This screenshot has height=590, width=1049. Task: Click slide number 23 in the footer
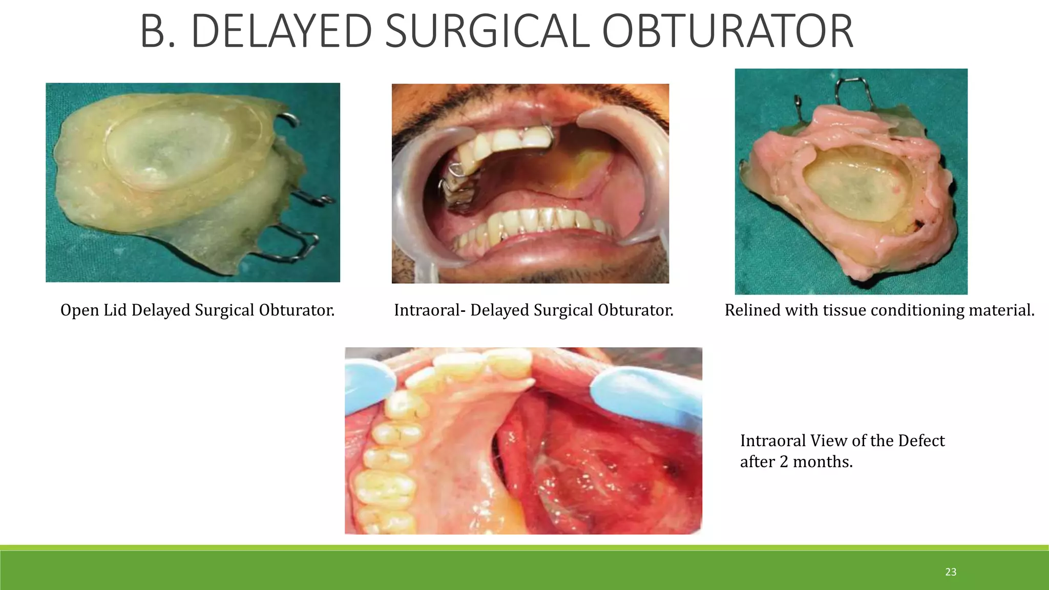tap(951, 572)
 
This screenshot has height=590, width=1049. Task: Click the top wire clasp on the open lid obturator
tap(289, 121)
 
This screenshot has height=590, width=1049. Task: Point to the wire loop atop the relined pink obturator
tap(852, 90)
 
